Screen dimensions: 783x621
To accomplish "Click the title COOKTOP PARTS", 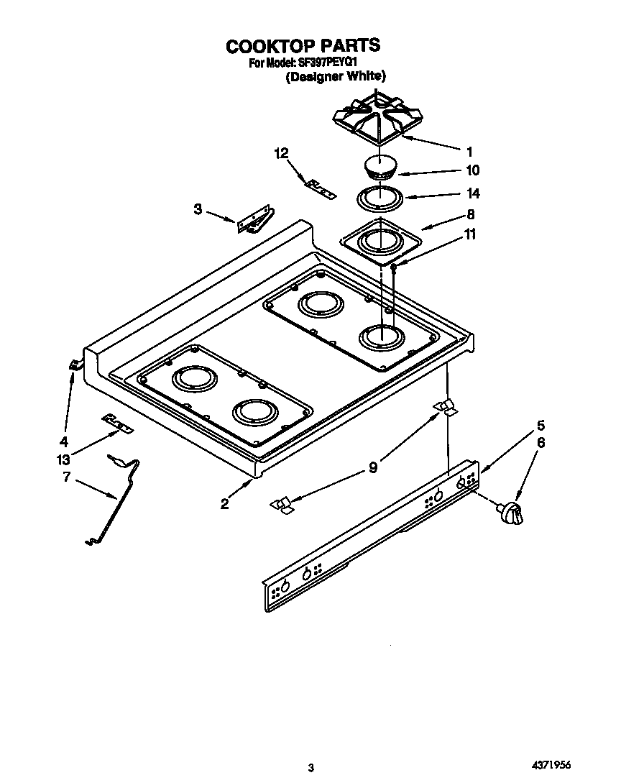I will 303,46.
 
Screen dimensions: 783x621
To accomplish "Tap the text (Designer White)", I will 336,77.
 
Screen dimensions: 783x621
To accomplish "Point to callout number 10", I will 472,170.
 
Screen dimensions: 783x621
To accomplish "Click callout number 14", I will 472,193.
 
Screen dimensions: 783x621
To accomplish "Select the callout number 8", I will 471,214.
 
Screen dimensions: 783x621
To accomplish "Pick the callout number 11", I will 471,234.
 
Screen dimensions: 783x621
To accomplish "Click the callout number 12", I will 281,153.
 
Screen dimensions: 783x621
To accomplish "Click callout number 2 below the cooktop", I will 225,504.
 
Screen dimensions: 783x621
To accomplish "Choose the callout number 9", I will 373,467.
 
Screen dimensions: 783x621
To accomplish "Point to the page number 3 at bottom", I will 310,768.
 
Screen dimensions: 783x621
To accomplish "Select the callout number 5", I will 540,425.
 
